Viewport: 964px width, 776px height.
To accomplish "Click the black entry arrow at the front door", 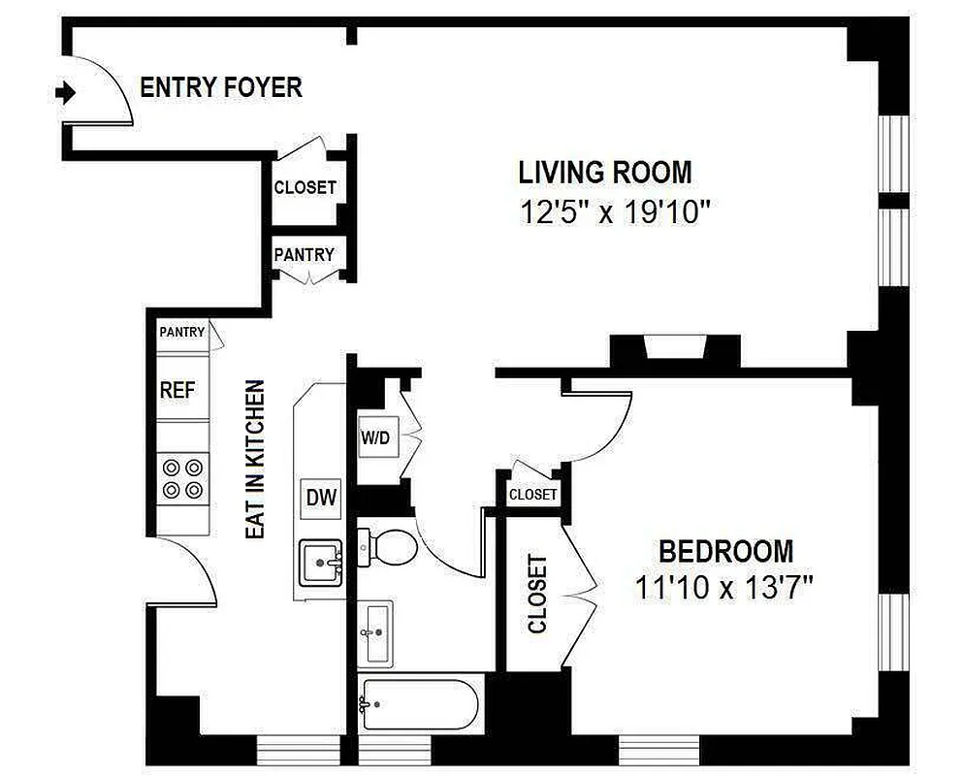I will [65, 93].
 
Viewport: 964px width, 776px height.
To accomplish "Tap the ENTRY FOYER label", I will [221, 87].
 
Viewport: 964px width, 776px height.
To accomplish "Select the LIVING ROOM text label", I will [605, 173].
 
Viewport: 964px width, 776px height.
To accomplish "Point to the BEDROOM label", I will [725, 552].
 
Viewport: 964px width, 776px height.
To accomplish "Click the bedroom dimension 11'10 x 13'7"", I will [723, 587].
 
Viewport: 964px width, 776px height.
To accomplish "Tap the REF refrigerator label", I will [177, 391].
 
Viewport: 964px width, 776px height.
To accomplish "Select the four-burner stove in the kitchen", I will [183, 477].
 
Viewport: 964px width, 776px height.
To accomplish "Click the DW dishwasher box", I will [321, 499].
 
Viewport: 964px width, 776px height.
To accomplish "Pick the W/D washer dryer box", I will [375, 436].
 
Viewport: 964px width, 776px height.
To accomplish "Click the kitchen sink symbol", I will [321, 563].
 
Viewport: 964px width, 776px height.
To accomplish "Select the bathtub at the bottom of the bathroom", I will [420, 705].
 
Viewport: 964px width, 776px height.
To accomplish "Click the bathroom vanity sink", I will [376, 631].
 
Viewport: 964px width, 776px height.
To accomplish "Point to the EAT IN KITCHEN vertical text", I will [254, 460].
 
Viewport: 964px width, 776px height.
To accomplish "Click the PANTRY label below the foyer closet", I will [304, 255].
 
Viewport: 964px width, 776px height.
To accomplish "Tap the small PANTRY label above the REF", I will [181, 332].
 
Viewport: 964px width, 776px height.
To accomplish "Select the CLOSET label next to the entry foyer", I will [305, 187].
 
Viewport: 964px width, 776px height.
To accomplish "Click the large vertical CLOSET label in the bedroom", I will [536, 594].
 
